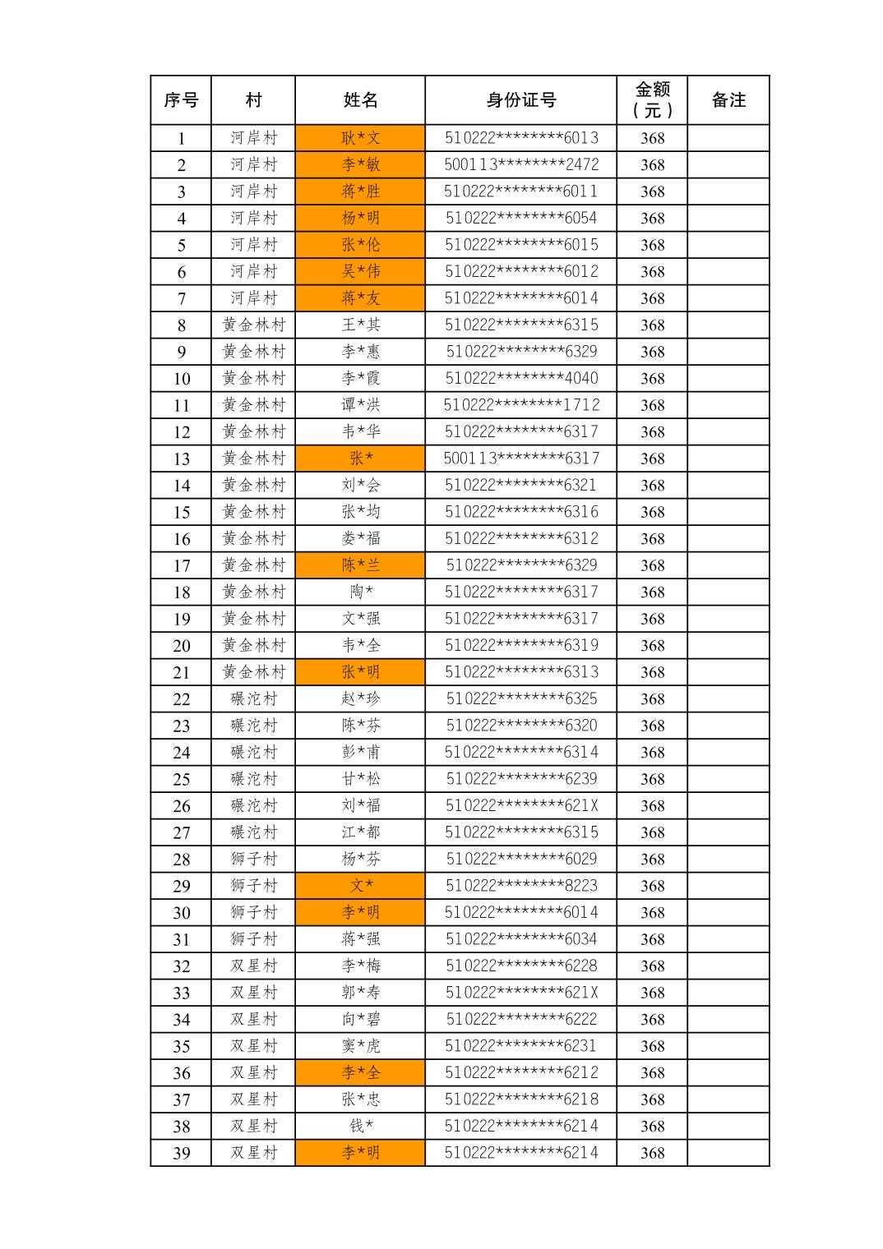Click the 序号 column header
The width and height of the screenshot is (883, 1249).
(181, 100)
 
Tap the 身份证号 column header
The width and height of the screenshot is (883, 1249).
(520, 100)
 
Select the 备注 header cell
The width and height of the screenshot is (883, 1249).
(728, 100)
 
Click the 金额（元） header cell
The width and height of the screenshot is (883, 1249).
(652, 100)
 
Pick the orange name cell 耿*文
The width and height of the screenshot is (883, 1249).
(360, 138)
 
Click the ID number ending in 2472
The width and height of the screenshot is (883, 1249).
(521, 164)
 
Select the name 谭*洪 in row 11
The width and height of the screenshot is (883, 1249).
(360, 405)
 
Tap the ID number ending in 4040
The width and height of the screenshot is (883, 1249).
(521, 378)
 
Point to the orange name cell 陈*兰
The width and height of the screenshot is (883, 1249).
(360, 565)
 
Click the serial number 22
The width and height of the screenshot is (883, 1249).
(181, 699)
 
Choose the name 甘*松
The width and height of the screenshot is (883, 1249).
(360, 779)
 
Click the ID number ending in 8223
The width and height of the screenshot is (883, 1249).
(521, 886)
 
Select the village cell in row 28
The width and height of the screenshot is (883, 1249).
(253, 860)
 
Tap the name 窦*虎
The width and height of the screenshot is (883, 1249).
(360, 1046)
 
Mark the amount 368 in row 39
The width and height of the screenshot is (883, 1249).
(652, 1153)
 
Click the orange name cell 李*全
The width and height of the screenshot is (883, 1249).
(360, 1073)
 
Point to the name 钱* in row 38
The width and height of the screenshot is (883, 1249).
(360, 1127)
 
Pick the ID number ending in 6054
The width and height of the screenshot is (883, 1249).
(521, 218)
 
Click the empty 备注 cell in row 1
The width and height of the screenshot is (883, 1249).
(728, 138)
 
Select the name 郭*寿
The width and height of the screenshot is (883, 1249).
(360, 993)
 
